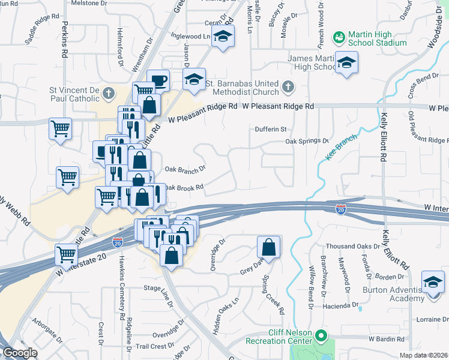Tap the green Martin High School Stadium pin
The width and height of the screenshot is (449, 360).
339,37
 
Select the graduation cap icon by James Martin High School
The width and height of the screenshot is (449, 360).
346,63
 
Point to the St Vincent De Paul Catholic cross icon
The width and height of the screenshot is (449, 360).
108,93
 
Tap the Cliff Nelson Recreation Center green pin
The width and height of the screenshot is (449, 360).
321,336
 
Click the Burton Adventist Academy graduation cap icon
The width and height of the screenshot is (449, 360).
432,281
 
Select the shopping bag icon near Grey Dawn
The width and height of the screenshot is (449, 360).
268,247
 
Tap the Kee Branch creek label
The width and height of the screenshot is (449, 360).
343,146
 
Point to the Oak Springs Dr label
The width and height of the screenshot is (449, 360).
307,141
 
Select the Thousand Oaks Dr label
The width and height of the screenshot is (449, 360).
351,247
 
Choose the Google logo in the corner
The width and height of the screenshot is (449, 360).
20,353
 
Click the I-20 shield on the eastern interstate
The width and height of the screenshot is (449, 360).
340,208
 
